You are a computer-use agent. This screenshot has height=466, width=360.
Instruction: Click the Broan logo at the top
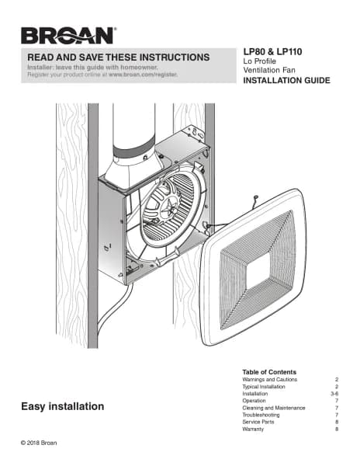click(x=68, y=36)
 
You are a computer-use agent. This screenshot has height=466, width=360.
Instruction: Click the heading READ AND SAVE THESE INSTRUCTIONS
click(x=119, y=57)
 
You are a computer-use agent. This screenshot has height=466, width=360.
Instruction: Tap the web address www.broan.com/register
click(x=143, y=75)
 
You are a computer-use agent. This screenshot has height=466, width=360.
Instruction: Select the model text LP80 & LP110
click(x=272, y=52)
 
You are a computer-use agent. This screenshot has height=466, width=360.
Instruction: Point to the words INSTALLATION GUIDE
click(x=286, y=80)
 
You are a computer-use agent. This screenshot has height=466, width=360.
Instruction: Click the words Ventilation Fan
click(x=269, y=70)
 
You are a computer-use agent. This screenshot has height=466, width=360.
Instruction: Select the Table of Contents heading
click(x=269, y=372)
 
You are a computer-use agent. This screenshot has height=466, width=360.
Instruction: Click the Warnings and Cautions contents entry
click(x=269, y=380)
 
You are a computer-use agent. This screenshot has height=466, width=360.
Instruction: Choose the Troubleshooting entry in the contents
click(x=261, y=415)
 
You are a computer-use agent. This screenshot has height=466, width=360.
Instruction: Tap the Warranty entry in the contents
click(x=253, y=429)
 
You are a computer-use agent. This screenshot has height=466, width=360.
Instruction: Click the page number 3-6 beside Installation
click(x=334, y=394)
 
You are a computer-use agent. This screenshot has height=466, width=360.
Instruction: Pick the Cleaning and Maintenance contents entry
click(x=274, y=408)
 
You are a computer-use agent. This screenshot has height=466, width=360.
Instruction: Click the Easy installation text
click(x=63, y=406)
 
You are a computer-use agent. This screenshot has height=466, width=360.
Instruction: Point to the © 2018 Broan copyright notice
click(x=39, y=443)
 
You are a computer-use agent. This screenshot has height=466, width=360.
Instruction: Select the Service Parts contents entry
click(x=258, y=422)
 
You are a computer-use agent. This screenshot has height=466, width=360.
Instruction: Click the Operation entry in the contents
click(x=254, y=401)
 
